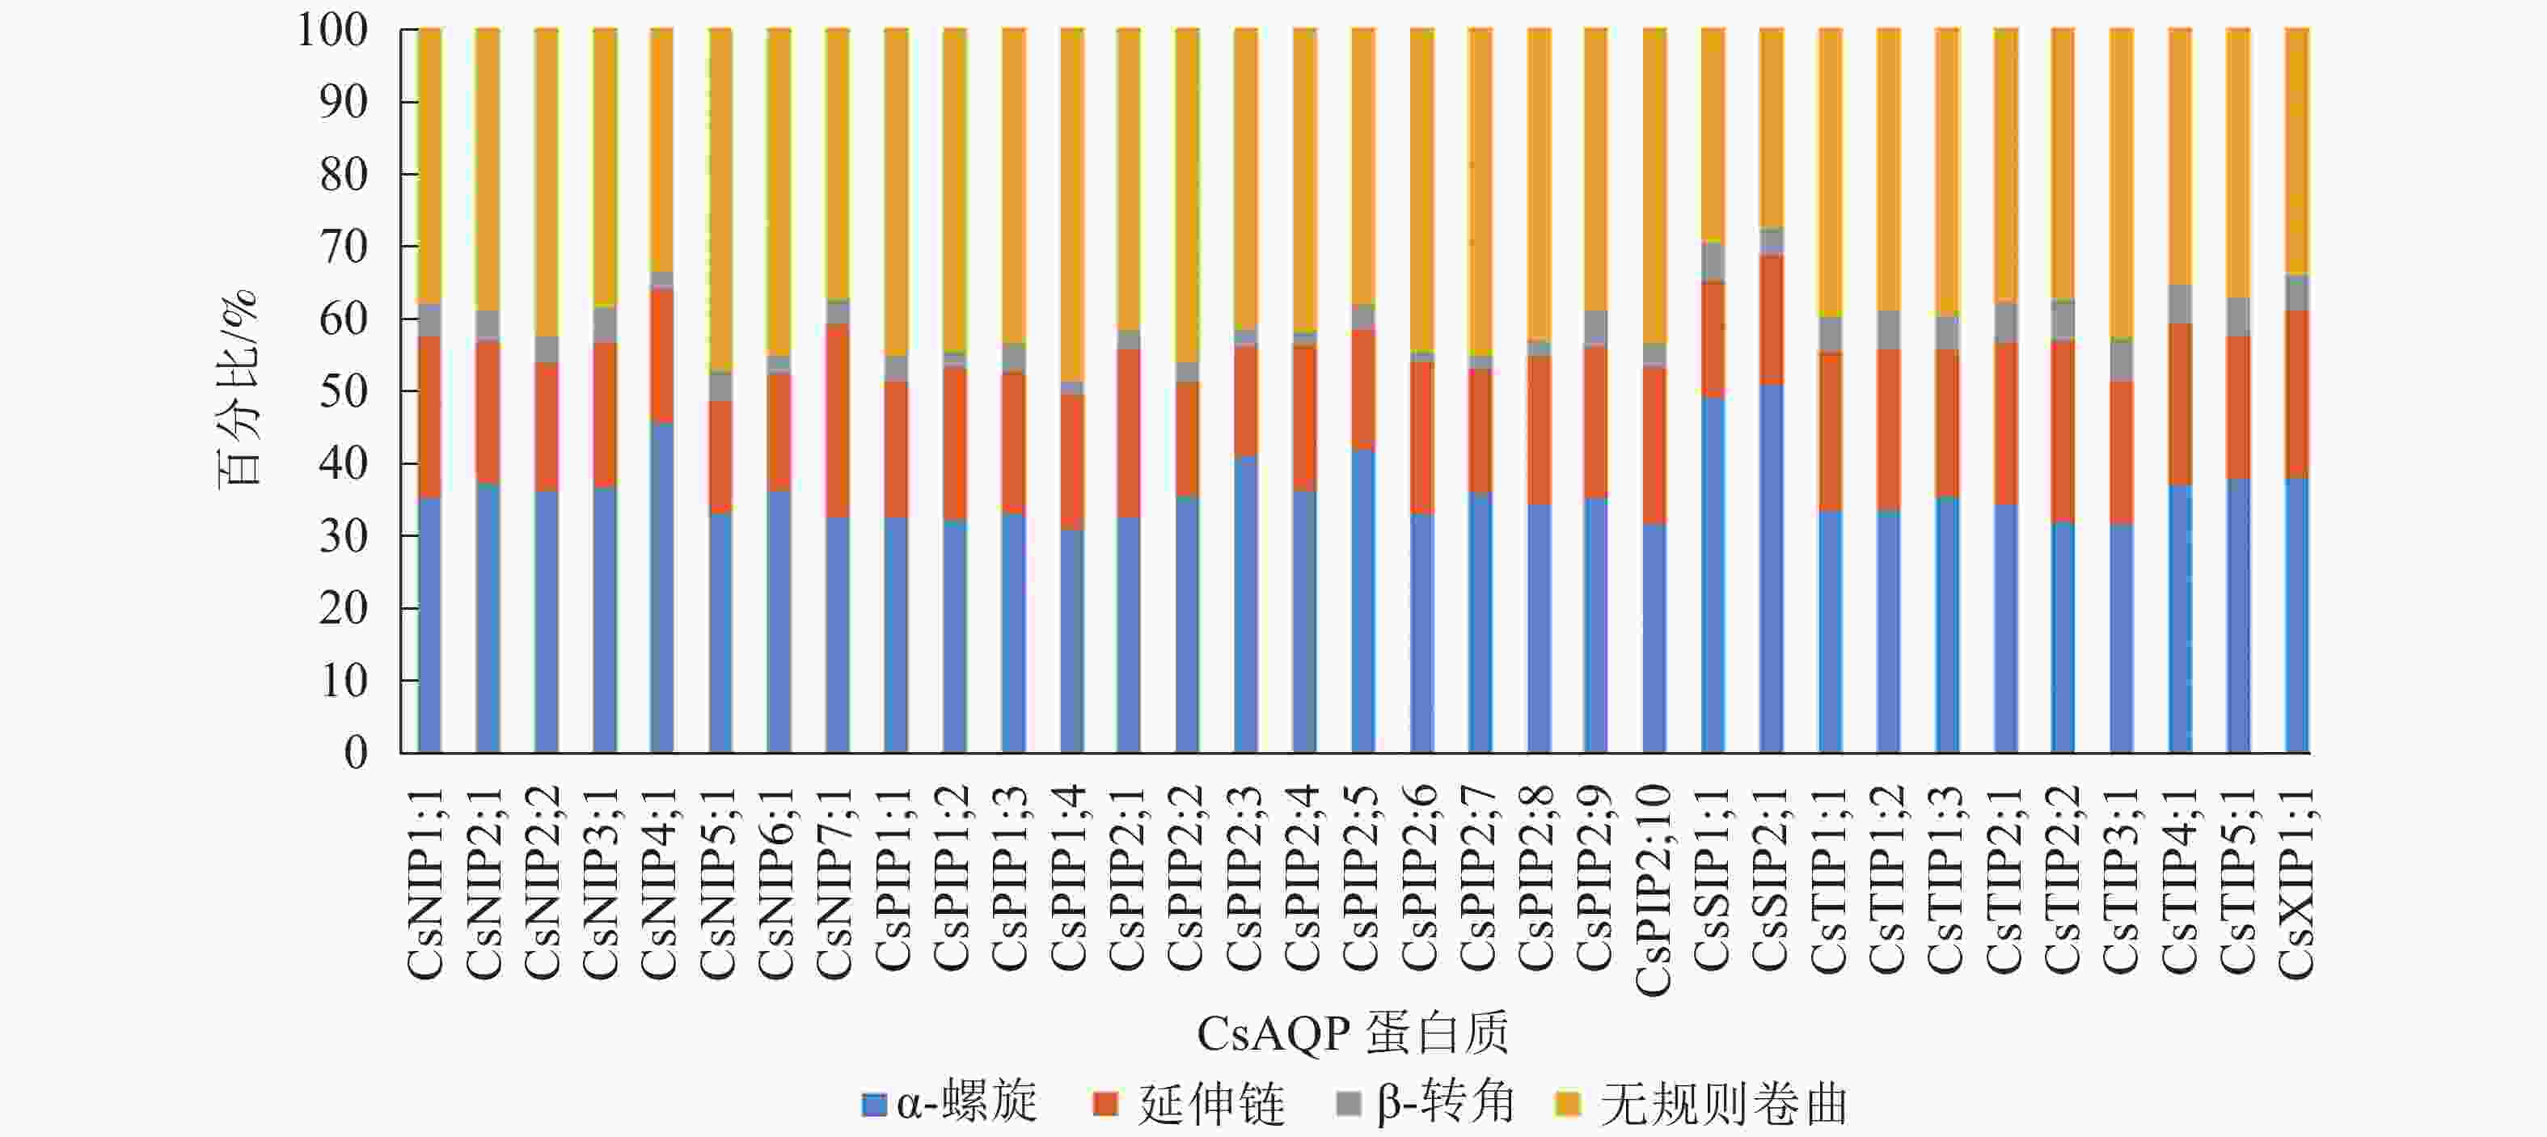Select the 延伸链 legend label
[1211, 1103]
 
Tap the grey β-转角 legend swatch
[1348, 1103]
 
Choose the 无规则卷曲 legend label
[1723, 1103]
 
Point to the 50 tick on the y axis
[343, 391]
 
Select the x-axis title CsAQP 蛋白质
[1353, 1034]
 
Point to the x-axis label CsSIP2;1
[1771, 883]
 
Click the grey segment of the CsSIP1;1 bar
[1713, 262]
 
